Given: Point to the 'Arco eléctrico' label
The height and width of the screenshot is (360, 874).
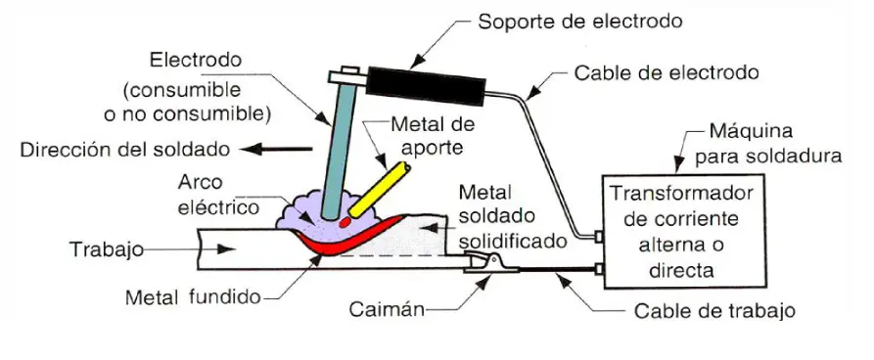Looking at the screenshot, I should pos(217,195).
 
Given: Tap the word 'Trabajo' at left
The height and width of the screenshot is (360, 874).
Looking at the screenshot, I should pos(102,249).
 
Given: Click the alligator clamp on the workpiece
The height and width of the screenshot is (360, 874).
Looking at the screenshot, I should pos(486,260).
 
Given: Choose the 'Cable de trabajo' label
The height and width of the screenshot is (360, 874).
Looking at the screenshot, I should pos(714,311).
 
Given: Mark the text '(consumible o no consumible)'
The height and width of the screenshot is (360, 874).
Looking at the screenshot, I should pos(196,102).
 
